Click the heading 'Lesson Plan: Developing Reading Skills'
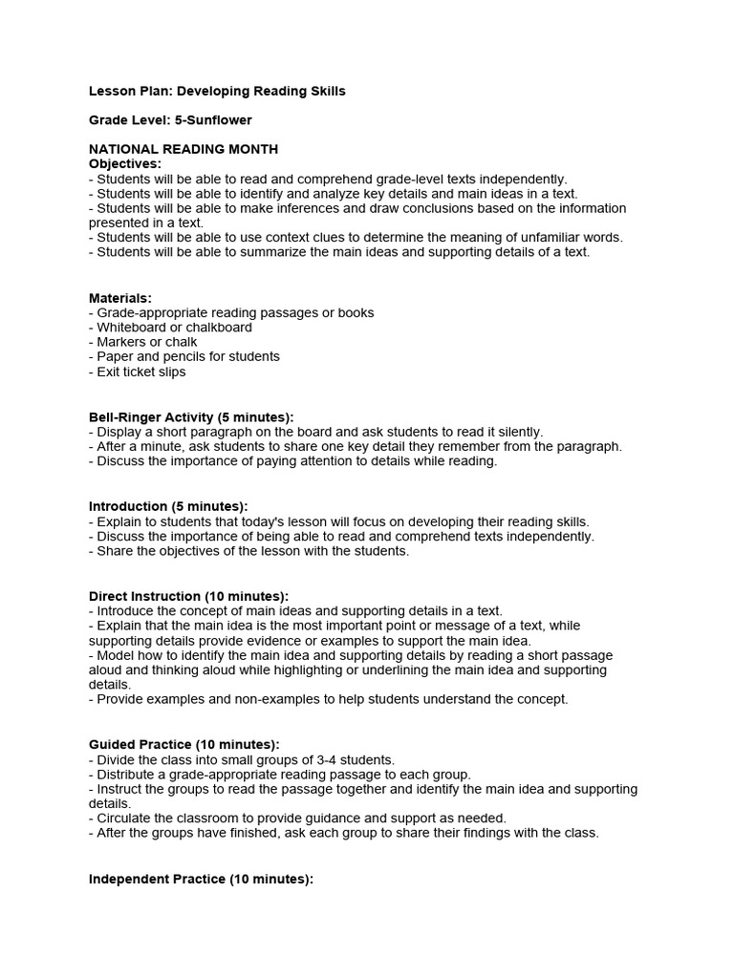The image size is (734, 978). coord(217,92)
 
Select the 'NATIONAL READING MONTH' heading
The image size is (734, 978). coord(183,150)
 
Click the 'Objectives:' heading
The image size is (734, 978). coord(125,164)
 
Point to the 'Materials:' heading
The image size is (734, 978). coord(120,298)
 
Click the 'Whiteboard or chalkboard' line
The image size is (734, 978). coord(174,328)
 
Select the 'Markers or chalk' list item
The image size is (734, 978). coord(147,342)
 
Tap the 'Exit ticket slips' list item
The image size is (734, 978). coord(141,372)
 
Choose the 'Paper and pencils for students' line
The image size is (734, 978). coord(188,356)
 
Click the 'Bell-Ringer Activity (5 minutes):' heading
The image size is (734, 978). coord(191,417)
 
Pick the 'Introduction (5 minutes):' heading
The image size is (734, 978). coord(168,506)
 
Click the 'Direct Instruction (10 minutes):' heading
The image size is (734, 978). coord(188,596)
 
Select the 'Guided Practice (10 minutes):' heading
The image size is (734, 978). coord(183,744)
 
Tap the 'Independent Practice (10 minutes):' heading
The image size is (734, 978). coord(201,878)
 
